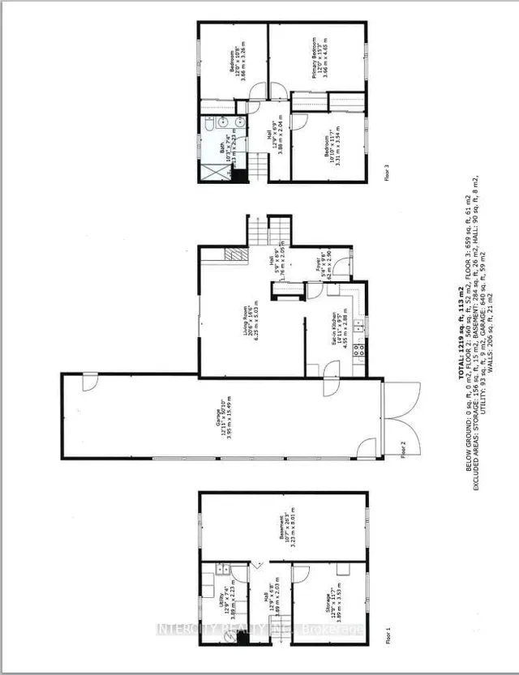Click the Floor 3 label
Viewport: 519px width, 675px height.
tap(388, 173)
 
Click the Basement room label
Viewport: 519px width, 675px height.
tap(281, 530)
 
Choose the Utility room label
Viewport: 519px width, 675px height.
tap(231, 588)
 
